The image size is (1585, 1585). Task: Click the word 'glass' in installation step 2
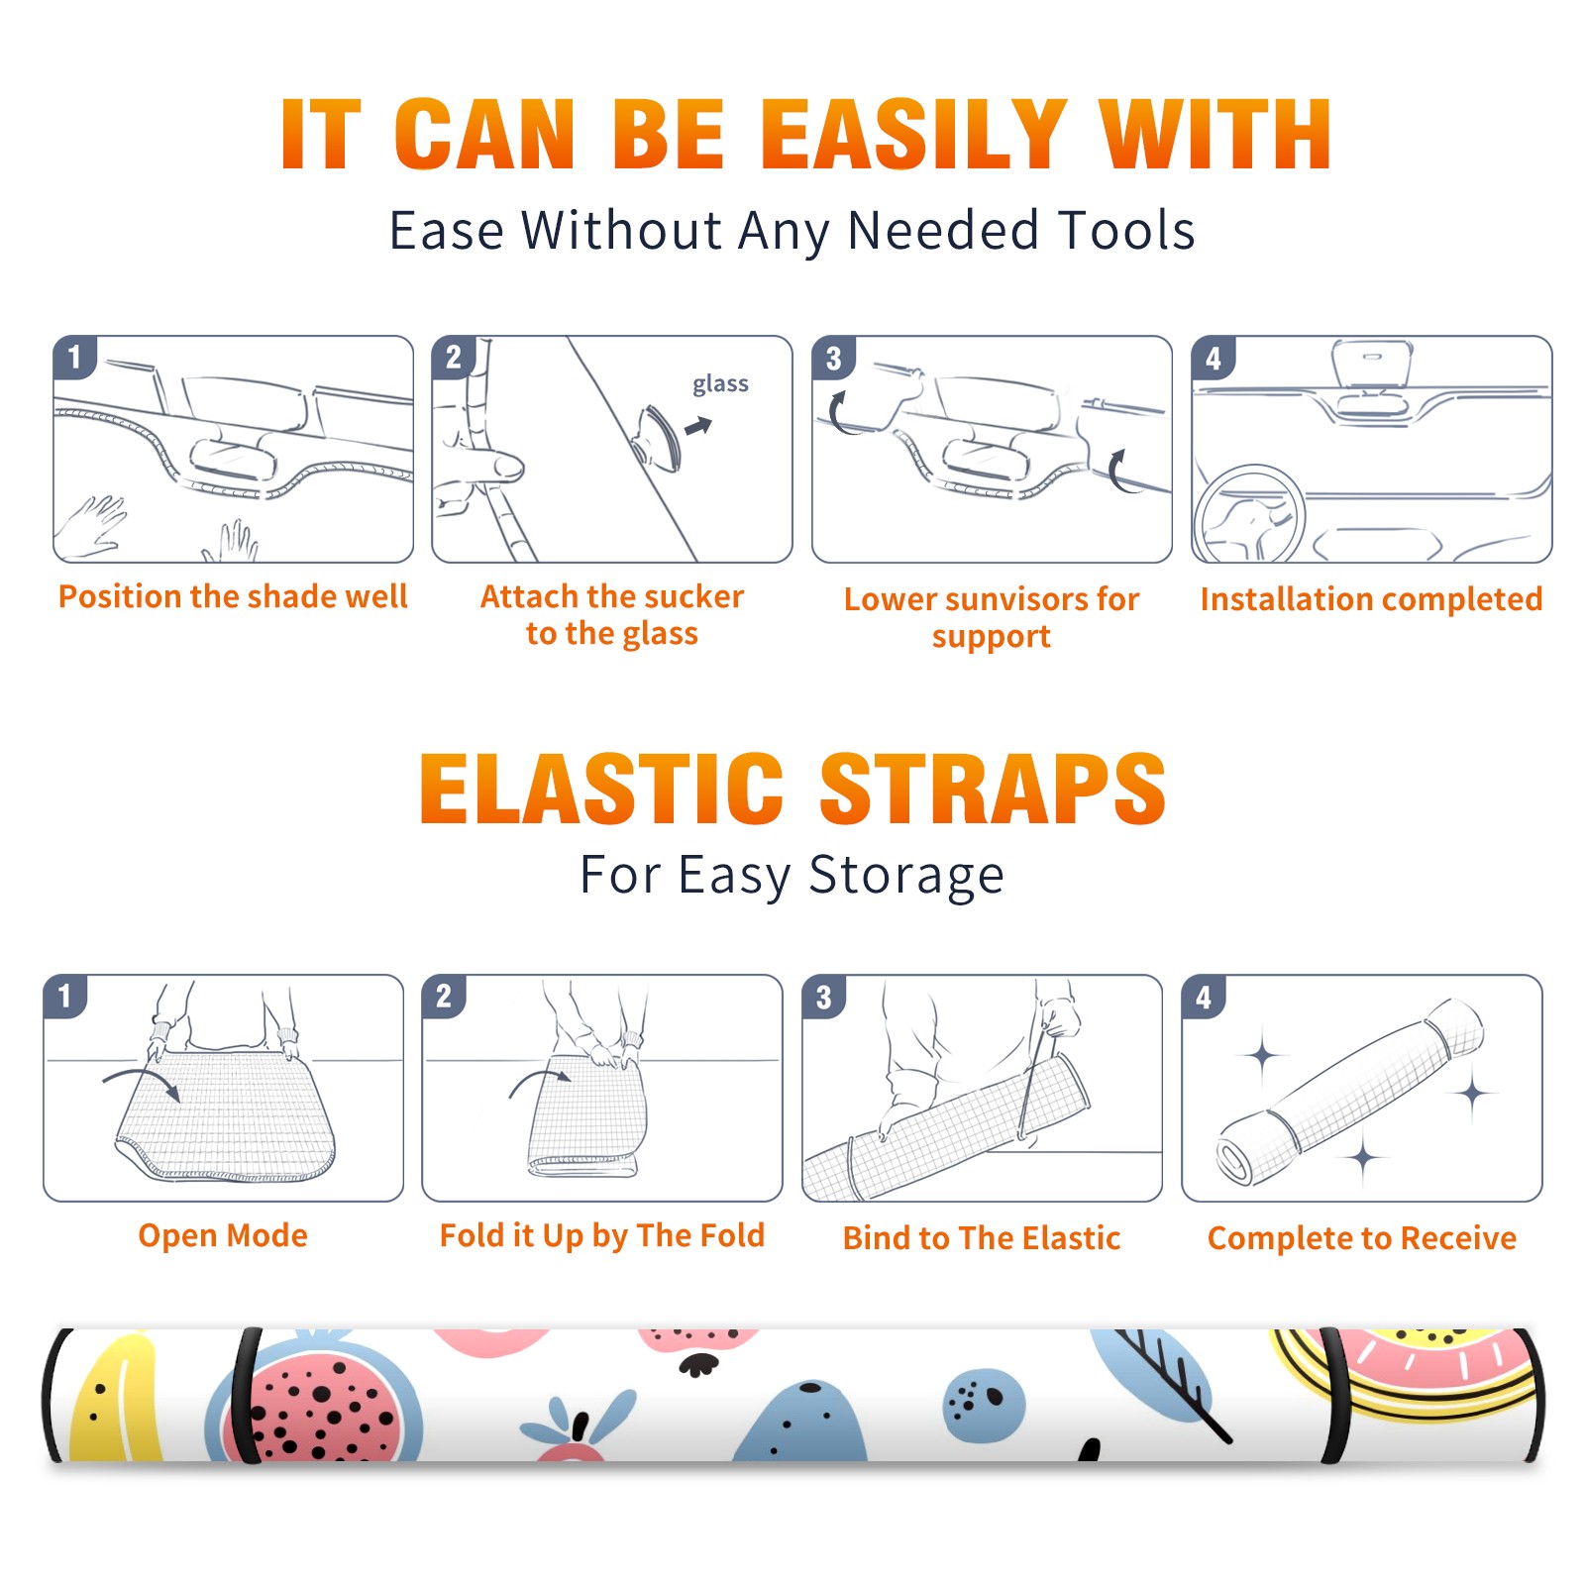click(720, 384)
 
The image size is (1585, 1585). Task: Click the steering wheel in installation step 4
click(1249, 515)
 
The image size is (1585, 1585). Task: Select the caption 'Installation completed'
click(1371, 599)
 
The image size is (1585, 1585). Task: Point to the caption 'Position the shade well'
click(233, 597)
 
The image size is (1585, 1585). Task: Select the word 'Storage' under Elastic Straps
click(906, 877)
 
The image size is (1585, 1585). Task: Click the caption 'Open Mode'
click(223, 1235)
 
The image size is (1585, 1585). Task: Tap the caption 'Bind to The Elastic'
click(982, 1238)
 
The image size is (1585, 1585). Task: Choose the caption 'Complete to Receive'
click(1362, 1238)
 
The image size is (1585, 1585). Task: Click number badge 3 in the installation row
click(833, 358)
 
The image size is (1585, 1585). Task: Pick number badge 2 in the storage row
click(444, 996)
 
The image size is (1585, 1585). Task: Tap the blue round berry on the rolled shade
click(984, 1405)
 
